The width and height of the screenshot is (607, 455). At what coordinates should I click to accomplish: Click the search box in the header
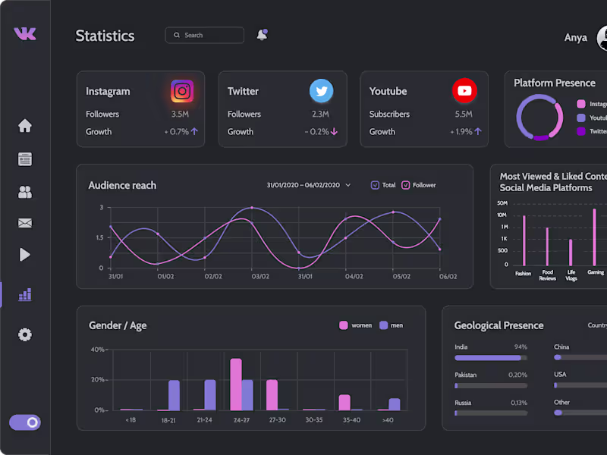[204, 35]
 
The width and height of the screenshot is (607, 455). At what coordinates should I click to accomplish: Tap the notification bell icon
[262, 35]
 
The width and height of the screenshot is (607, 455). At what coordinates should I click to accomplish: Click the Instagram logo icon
[181, 92]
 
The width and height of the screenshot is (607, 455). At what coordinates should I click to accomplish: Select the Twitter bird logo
[321, 91]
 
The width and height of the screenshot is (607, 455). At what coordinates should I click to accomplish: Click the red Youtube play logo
[464, 91]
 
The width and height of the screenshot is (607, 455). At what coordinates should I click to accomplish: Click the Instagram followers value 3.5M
[180, 115]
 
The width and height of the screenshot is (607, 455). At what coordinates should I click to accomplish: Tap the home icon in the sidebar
[25, 126]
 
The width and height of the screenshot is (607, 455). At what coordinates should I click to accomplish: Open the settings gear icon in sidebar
[25, 334]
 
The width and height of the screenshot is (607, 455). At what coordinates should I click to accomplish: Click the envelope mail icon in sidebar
[25, 223]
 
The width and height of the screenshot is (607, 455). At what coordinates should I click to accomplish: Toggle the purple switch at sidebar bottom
[25, 422]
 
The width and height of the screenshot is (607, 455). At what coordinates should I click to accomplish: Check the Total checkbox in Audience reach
[375, 185]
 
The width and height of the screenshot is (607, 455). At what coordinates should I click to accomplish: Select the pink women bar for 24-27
[236, 384]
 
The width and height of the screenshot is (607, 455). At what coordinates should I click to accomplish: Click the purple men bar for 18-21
[174, 395]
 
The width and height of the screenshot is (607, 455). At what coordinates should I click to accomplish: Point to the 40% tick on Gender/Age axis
[99, 350]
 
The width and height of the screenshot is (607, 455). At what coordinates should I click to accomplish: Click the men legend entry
[390, 325]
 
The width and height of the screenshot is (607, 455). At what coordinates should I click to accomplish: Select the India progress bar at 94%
[490, 357]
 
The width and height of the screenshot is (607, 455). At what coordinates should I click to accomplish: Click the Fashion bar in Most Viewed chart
[524, 240]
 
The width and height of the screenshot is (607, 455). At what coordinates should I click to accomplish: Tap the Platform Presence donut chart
[539, 117]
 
